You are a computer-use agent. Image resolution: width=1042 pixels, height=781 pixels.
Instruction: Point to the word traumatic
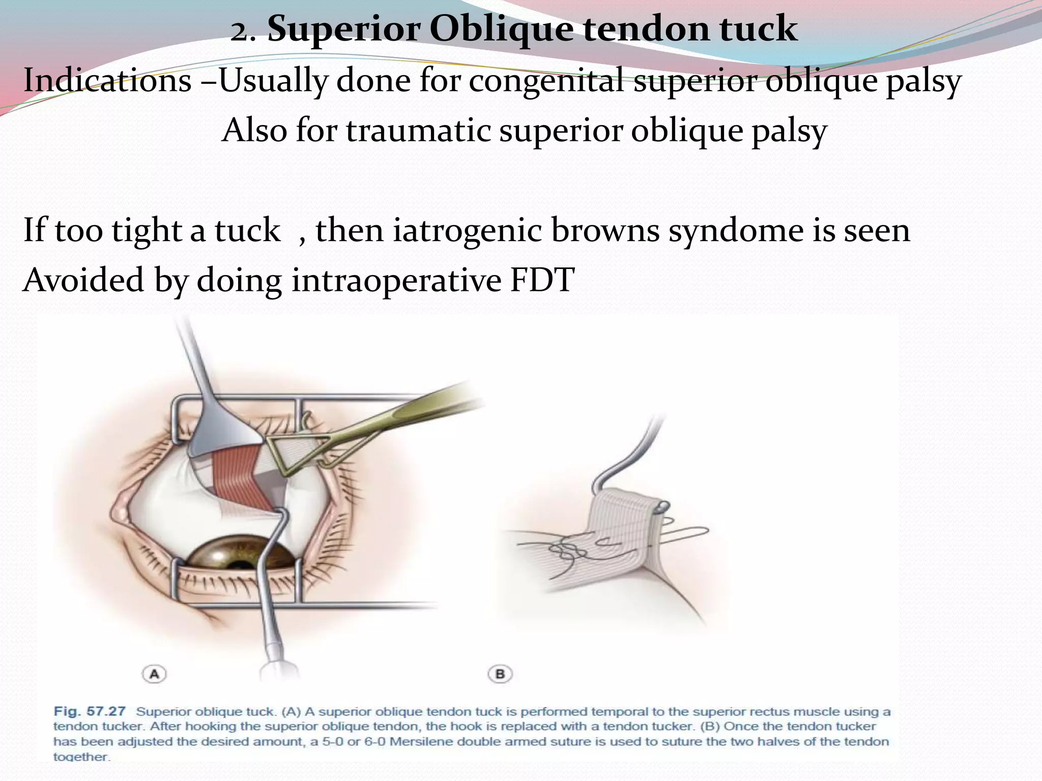point(418,130)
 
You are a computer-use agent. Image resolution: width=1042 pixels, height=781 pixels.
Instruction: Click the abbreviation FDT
point(542,280)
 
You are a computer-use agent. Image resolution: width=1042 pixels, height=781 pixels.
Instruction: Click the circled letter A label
point(154,674)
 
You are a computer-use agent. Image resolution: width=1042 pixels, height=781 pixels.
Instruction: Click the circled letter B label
point(500,674)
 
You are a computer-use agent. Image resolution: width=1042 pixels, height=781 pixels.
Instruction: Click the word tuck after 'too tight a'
point(247,230)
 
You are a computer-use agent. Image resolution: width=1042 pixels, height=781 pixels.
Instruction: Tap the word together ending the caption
point(81,757)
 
